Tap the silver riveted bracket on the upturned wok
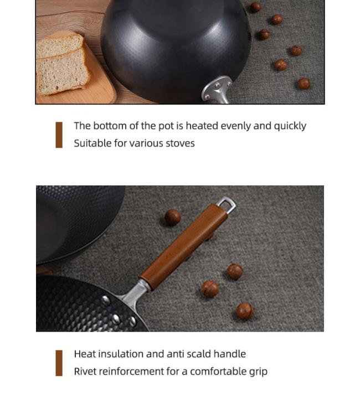[x=217, y=90]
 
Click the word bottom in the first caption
[x=110, y=126]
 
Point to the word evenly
[x=236, y=126]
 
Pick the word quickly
[x=290, y=126]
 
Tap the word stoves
[x=180, y=143]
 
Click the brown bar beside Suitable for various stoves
[x=59, y=135]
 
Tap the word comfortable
[x=218, y=371]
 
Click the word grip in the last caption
[x=258, y=372]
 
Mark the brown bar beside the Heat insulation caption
[x=59, y=363]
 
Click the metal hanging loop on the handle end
[x=227, y=204]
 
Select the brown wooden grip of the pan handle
[x=183, y=246]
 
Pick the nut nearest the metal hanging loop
[x=173, y=218]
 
